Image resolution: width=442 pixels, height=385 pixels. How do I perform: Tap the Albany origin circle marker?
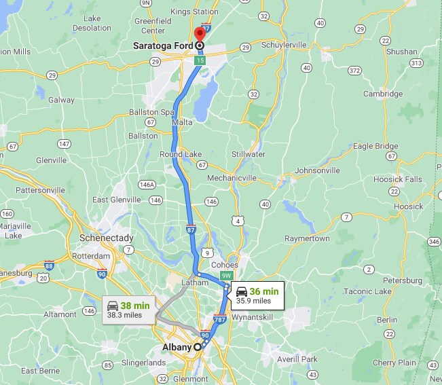[198, 346]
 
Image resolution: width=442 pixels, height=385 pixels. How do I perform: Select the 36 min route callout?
[257, 295]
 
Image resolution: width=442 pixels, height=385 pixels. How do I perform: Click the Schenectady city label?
[107, 238]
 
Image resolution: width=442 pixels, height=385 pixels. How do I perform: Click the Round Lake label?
[180, 153]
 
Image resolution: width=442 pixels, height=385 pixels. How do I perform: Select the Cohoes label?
[225, 265]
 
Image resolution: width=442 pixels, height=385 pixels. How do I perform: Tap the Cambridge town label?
[382, 94]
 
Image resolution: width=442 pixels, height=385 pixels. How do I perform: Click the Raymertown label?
[308, 238]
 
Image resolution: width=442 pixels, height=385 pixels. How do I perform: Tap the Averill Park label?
[297, 359]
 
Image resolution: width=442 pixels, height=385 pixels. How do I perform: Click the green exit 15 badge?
[200, 60]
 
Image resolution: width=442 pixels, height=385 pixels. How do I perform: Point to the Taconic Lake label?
[367, 291]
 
